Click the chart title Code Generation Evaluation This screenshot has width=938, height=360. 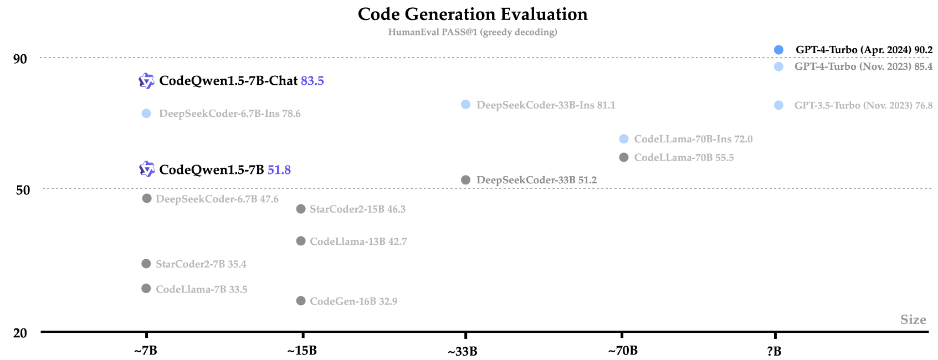click(x=473, y=14)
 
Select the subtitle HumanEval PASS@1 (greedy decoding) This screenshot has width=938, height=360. click(x=473, y=32)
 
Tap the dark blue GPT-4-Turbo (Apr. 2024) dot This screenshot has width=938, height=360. click(x=778, y=50)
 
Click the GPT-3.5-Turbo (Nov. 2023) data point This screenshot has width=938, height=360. click(x=778, y=105)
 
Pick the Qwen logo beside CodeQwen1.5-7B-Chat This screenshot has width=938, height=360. click(x=146, y=81)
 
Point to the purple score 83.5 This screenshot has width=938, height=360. click(x=312, y=81)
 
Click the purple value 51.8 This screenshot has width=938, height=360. click(x=279, y=170)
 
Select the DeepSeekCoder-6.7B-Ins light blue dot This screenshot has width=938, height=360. click(x=146, y=114)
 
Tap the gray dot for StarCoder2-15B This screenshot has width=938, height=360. click(x=301, y=209)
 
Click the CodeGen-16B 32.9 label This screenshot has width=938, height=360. click(x=353, y=301)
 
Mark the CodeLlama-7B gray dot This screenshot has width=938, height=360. click(x=146, y=289)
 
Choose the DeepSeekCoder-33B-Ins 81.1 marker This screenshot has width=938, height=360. click(x=466, y=105)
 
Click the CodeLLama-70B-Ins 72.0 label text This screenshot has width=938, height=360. click(x=693, y=139)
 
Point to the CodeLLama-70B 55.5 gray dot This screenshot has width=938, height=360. click(x=624, y=157)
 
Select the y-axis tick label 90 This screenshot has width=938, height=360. click(x=20, y=59)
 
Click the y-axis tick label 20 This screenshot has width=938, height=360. click(x=20, y=333)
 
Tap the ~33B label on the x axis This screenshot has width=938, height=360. click(x=463, y=352)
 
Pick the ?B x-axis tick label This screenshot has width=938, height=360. click(x=774, y=351)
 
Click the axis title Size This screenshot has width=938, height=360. click(x=913, y=320)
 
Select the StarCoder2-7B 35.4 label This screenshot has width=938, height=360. click(x=201, y=264)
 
